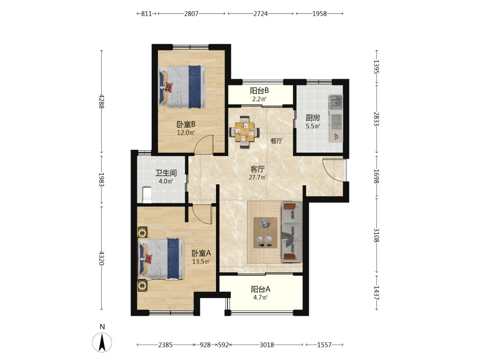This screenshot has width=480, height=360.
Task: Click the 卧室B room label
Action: point(186,125)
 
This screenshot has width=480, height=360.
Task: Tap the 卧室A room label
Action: point(201,253)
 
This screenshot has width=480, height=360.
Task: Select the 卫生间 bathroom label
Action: point(166,173)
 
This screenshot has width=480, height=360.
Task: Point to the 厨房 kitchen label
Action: point(312,118)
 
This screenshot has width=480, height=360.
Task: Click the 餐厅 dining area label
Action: point(276,141)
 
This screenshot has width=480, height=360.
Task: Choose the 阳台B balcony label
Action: point(259,91)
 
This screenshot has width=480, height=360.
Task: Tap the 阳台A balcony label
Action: point(261,289)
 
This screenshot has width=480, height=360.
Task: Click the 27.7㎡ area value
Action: point(257,177)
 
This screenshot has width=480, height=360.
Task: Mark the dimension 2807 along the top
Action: point(192,13)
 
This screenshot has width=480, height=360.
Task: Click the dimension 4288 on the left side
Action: point(101,101)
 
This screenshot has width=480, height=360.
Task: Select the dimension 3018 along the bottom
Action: point(266,345)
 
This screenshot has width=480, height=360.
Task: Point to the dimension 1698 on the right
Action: point(376,176)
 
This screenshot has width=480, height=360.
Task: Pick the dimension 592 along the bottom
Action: point(224,345)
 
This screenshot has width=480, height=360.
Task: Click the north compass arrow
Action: point(102,342)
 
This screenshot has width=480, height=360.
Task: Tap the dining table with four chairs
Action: point(244,132)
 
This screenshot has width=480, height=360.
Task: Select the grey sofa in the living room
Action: point(292,232)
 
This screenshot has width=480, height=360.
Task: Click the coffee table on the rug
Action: point(265,233)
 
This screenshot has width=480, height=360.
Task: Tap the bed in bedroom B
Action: point(182,86)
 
